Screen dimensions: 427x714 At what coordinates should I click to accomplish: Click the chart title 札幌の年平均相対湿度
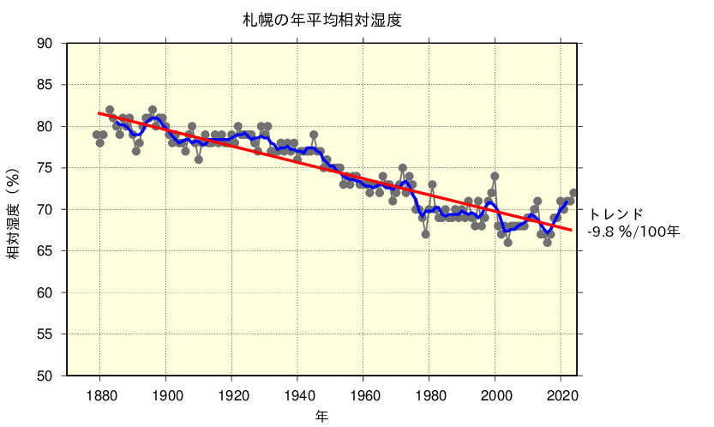(x=321, y=19)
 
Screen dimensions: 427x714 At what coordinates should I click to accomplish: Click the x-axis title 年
(x=321, y=416)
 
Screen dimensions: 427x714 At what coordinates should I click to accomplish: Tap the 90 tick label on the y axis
(x=44, y=44)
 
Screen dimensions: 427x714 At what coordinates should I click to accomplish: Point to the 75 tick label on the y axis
(x=44, y=168)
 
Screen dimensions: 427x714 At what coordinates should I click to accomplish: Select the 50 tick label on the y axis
(x=44, y=376)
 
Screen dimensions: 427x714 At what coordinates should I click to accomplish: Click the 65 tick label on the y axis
(x=44, y=251)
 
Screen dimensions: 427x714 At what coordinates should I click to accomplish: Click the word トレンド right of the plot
(x=615, y=213)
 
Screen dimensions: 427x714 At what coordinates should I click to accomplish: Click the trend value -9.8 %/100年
(x=633, y=232)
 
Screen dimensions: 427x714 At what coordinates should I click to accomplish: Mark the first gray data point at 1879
(x=97, y=135)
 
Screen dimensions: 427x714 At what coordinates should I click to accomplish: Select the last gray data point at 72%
(x=573, y=193)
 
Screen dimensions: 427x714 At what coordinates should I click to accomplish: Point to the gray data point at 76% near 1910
(x=199, y=159)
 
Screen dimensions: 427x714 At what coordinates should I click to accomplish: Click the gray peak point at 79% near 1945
(x=314, y=135)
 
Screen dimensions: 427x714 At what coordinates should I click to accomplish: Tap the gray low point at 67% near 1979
(x=426, y=234)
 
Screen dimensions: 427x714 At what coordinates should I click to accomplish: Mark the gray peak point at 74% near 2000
(x=495, y=176)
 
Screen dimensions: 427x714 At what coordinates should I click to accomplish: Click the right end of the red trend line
(x=572, y=230)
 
